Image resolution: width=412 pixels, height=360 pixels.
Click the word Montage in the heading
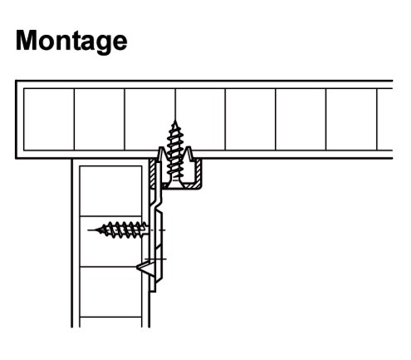point(71,41)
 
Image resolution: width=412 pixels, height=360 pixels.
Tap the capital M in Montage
point(26,40)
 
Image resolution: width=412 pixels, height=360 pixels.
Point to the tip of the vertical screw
point(174,121)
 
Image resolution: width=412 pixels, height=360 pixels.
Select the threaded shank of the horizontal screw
point(122,230)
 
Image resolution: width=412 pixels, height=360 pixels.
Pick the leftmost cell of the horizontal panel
point(49,120)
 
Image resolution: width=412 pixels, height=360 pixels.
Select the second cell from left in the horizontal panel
point(100,120)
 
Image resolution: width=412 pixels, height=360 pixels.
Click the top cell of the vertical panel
point(110,190)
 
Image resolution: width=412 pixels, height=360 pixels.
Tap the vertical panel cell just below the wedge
point(110,292)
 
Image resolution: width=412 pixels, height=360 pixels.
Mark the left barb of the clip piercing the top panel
point(162,154)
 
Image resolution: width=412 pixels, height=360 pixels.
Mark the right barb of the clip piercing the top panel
point(188,154)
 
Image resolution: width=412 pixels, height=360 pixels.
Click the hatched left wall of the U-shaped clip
point(152,173)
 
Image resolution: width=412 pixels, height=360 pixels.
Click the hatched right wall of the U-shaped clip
point(199,172)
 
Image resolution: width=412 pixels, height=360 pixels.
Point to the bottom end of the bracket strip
point(153,291)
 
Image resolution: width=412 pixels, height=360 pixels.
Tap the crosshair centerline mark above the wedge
point(155,259)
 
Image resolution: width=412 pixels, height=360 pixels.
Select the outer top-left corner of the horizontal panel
point(16,81)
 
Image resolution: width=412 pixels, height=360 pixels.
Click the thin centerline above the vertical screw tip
point(175,104)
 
